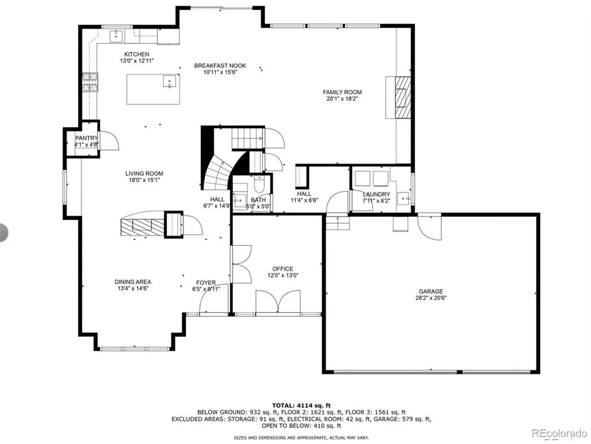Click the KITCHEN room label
coord(137,54)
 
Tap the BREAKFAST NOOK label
coord(220,66)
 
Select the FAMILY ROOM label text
coord(342,92)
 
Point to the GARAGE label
coord(431,292)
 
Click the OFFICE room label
coord(283,269)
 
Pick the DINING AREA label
coord(133,282)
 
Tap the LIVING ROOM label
coord(145,174)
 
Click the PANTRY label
coord(86,138)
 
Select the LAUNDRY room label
coord(376,194)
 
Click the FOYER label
coord(206,283)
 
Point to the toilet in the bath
coord(259,184)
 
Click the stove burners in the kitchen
coord(90,82)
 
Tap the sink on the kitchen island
coord(170,82)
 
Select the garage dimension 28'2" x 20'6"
coord(431,298)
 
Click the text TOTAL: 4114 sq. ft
coord(301,406)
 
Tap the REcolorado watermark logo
coord(559,433)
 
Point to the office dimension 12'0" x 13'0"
coord(283,275)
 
